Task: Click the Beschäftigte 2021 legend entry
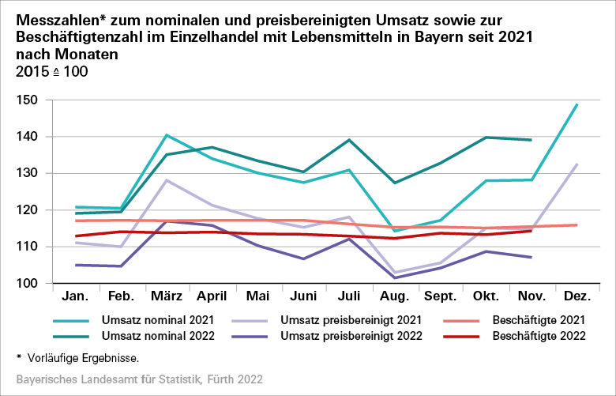coord(537,320)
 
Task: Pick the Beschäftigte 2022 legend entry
coord(537,336)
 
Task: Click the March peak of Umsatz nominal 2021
coord(167,135)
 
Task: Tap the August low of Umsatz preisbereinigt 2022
coord(394,277)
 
